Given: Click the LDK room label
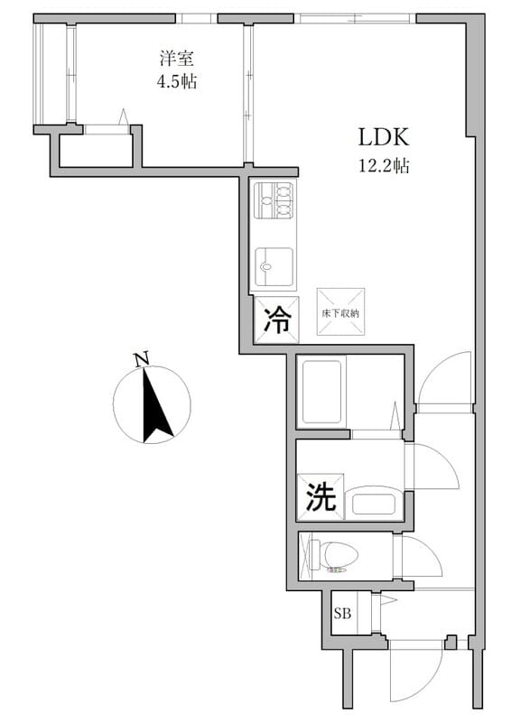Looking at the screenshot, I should pos(385,137).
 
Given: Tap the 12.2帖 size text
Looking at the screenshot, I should pos(385,166).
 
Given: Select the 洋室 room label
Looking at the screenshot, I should pos(177,58).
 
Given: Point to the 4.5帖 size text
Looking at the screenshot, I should pos(177,82).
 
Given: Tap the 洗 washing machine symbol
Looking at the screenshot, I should pos(320,497).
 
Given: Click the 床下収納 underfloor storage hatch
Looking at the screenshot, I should pos(340,311).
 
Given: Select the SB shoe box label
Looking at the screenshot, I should pos(343,615).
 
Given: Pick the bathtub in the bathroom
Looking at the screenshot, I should pos(322,391).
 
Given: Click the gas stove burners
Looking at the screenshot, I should pos(273,200).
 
